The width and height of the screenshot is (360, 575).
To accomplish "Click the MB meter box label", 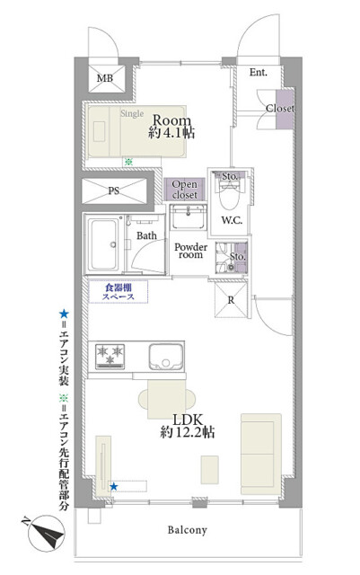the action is pos(105,78).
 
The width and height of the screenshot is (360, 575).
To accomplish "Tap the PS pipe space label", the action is pos(114,190).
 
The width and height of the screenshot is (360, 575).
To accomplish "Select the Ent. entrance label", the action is pos(258,72).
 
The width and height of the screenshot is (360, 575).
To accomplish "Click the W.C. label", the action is pos(232,220).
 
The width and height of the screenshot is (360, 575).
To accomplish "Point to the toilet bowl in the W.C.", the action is pos(230,194).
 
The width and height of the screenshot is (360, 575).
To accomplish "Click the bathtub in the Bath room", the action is pos(103,244).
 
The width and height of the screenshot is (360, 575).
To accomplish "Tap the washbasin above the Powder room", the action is pos(189,217).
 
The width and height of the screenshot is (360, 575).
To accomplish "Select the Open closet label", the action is pos(184,190).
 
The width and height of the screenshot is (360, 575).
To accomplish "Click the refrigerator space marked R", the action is pos(231,300).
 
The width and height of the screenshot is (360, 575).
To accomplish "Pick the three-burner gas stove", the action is pos(110,356).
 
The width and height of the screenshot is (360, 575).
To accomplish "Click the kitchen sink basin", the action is pos(166,357).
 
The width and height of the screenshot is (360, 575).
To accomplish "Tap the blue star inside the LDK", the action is pos(114,487).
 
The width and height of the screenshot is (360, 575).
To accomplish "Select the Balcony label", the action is pos(188,530).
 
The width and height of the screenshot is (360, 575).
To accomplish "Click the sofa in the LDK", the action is pos(261,454).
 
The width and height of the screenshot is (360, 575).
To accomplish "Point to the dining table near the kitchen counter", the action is pos(167,399).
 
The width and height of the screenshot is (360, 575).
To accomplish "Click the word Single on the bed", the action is pos(132,114).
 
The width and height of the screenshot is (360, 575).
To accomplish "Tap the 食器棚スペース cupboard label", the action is pos(118,292).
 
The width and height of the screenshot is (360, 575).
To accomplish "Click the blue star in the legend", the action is pos(64,314).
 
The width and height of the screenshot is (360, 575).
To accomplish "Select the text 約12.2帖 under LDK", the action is pos(188,432).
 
